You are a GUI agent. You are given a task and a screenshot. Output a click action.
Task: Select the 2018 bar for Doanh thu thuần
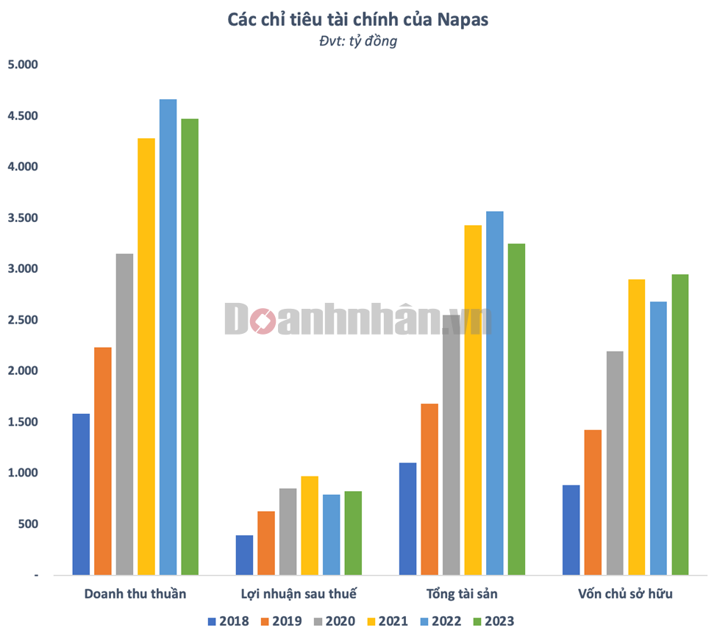click(x=81, y=494)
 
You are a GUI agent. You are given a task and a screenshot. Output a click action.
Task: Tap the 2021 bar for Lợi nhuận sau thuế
click(x=310, y=525)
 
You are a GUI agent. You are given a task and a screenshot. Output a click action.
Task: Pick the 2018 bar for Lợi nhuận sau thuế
click(x=244, y=554)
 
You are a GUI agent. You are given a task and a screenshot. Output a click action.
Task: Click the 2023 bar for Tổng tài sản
click(x=516, y=409)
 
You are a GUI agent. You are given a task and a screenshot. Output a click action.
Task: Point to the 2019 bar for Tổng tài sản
click(x=429, y=489)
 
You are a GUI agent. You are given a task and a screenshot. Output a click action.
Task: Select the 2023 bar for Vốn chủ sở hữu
click(x=680, y=424)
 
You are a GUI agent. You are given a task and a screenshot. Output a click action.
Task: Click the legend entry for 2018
click(x=229, y=621)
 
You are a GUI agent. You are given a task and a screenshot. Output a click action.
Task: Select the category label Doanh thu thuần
click(x=135, y=593)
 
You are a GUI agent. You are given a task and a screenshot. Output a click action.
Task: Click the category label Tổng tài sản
click(x=462, y=593)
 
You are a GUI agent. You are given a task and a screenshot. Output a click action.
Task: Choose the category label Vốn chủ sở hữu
click(x=625, y=593)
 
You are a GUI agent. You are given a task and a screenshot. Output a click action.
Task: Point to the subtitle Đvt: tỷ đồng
click(x=358, y=41)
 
